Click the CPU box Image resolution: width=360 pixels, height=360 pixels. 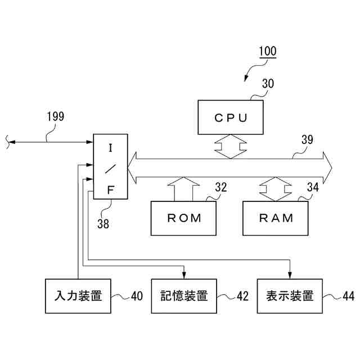pyautogui.click(x=231, y=118)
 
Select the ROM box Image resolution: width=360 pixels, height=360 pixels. pyautogui.click(x=184, y=218)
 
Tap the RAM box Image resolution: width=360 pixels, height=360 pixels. pyautogui.click(x=276, y=218)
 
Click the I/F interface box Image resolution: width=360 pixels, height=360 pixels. pyautogui.click(x=111, y=167)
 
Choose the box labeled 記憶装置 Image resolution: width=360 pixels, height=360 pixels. pyautogui.click(x=184, y=295)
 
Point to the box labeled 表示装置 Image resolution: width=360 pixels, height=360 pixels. pyautogui.click(x=290, y=295)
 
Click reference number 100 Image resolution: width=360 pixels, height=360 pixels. pyautogui.click(x=267, y=52)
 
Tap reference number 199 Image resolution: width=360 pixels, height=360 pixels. pyautogui.click(x=55, y=116)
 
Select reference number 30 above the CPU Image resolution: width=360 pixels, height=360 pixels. pyautogui.click(x=268, y=84)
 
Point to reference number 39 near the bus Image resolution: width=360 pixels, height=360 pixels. pyautogui.click(x=307, y=141)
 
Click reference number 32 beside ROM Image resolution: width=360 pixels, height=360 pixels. pyautogui.click(x=221, y=187)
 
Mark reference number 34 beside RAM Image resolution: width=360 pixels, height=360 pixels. pyautogui.click(x=313, y=187)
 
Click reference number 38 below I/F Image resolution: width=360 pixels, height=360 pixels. pyautogui.click(x=103, y=223)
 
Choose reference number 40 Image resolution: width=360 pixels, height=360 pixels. pyautogui.click(x=137, y=296)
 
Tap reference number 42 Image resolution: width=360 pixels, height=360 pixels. pyautogui.click(x=242, y=296)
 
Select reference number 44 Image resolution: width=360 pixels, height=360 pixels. pyautogui.click(x=348, y=296)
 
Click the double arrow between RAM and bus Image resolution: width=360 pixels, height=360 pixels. pyautogui.click(x=276, y=189)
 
